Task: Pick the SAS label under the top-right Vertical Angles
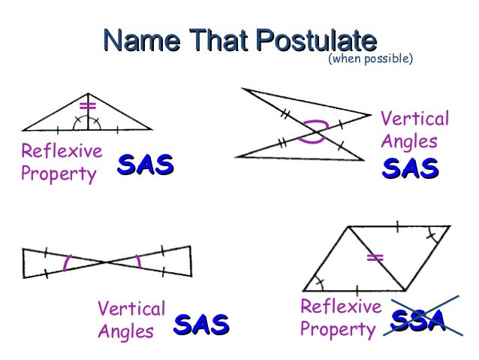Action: [x=411, y=170]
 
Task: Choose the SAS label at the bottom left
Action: [x=201, y=325]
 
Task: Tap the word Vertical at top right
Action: [x=415, y=119]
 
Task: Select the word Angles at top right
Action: [x=410, y=141]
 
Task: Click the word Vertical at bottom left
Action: [x=131, y=308]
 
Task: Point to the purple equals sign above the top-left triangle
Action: [x=89, y=104]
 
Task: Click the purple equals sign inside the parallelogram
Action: [x=375, y=258]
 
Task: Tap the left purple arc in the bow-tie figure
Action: [x=67, y=262]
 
